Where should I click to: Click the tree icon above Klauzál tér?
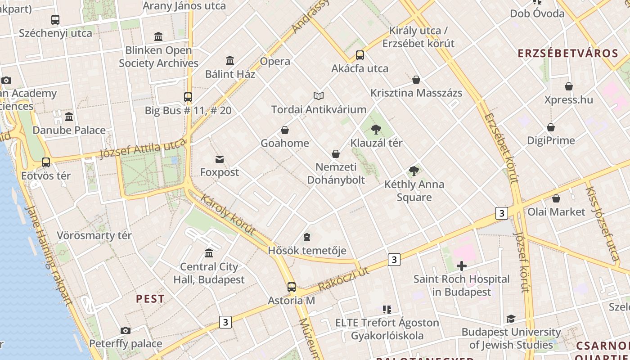(376, 130)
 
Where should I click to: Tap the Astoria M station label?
(291, 300)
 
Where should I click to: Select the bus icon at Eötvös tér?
(46, 162)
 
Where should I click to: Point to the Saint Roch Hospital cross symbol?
(461, 266)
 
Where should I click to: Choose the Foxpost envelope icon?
(220, 159)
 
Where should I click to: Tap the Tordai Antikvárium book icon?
(319, 96)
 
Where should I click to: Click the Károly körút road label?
(228, 214)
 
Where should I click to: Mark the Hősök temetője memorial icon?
(307, 237)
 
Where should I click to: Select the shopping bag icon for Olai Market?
(556, 198)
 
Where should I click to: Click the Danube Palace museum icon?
(69, 117)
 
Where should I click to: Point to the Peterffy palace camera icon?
(126, 331)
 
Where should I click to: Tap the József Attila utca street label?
(142, 149)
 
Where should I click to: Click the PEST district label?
(150, 299)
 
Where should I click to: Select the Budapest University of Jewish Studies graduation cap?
(511, 319)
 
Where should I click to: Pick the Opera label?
(275, 61)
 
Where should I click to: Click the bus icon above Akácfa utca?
(360, 55)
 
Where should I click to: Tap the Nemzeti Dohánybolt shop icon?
(335, 154)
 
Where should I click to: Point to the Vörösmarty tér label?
(94, 235)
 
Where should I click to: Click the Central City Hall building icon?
(209, 253)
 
